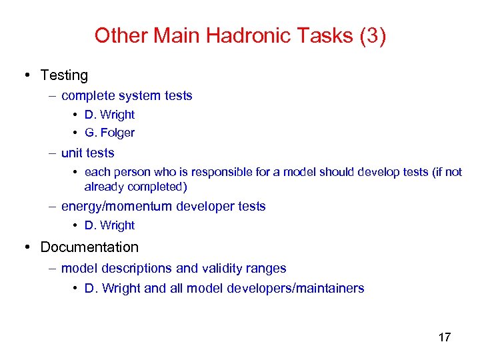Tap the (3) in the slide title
[372, 35]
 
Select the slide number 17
[445, 337]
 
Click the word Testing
[64, 75]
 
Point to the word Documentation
[89, 247]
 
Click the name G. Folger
[109, 133]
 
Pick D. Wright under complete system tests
[109, 115]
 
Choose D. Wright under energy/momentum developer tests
[109, 225]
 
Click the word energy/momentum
[117, 206]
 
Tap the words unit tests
[87, 153]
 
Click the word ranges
[265, 269]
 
